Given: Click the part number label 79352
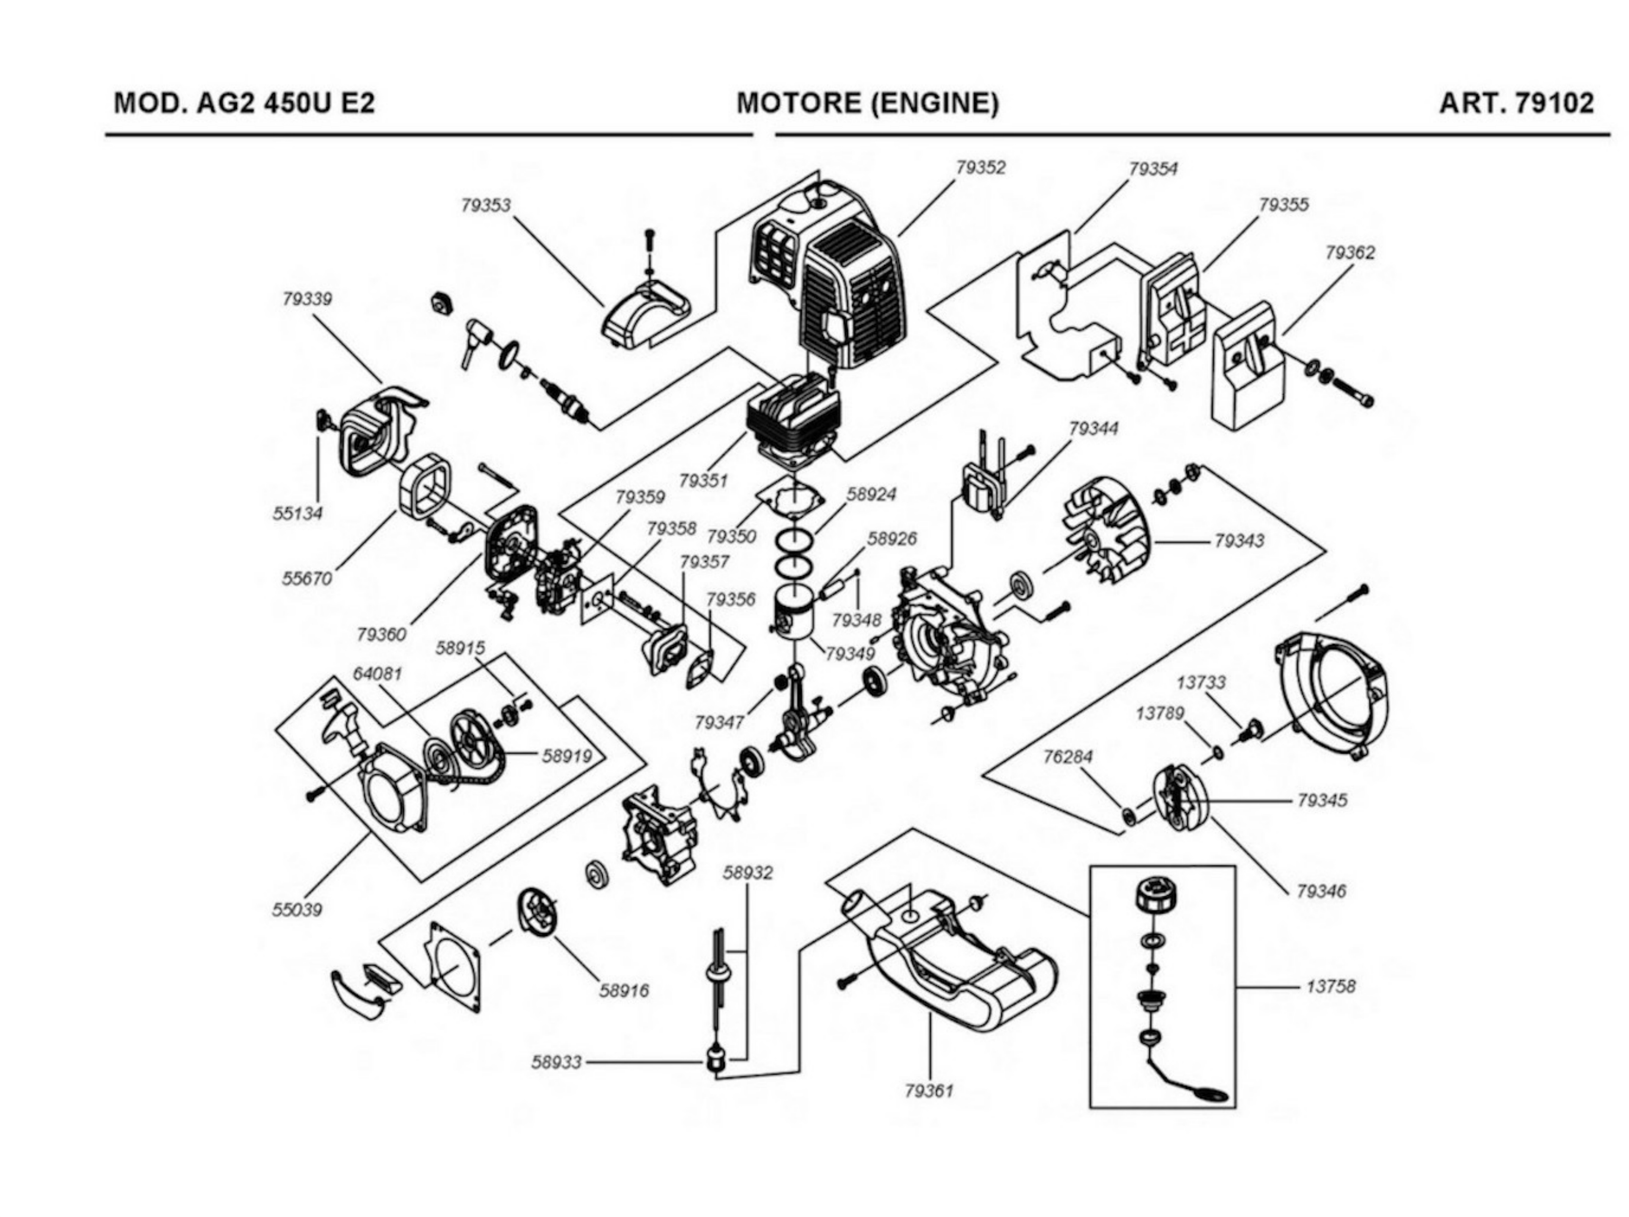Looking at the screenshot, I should click(980, 168).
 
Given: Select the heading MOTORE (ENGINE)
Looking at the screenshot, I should click(868, 103).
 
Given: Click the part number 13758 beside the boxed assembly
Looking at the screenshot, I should click(1330, 986).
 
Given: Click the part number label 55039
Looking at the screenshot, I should click(297, 910).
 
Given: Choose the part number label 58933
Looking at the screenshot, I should click(556, 1062).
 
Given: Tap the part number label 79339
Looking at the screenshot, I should click(307, 299).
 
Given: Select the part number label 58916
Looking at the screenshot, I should click(624, 991).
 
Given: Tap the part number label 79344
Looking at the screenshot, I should click(1093, 429).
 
